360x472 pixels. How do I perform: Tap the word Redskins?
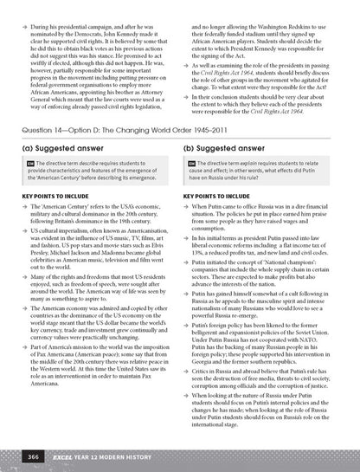(x=303, y=17)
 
